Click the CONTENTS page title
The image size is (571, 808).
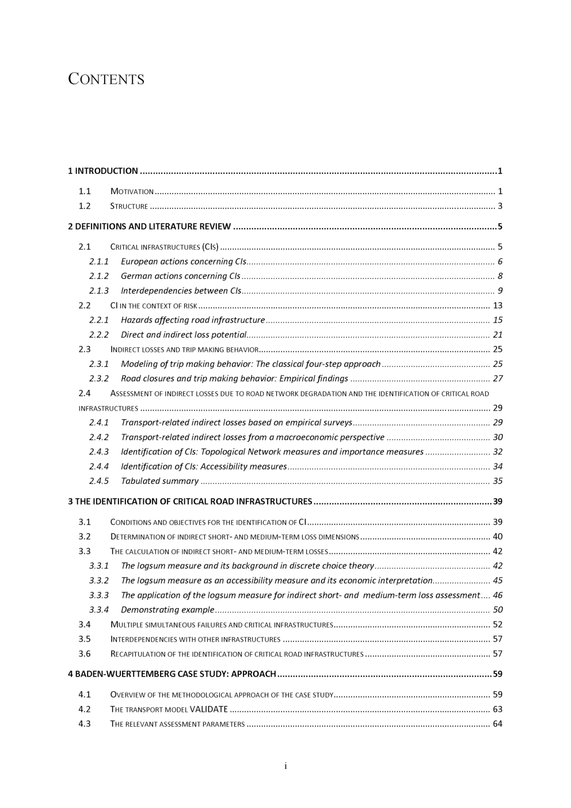[106, 79]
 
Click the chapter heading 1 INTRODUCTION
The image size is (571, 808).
[103, 171]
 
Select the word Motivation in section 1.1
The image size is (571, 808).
[132, 192]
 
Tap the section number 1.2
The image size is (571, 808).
[85, 206]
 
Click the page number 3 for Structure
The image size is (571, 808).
[500, 206]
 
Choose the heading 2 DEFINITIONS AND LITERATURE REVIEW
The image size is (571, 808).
[149, 227]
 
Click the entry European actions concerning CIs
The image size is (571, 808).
[183, 261]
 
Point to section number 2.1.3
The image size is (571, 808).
[98, 291]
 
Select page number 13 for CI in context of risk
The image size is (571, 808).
[497, 306]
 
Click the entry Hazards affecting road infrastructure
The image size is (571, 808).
[192, 320]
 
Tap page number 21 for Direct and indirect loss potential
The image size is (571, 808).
[497, 335]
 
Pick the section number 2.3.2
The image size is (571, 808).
[98, 379]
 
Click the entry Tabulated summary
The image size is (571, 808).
[159, 481]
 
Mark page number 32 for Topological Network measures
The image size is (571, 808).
[497, 452]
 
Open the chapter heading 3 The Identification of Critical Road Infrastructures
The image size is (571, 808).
[190, 502]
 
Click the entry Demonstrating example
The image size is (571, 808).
[167, 610]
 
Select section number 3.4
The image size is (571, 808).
[85, 624]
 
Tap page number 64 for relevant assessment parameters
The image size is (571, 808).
[497, 724]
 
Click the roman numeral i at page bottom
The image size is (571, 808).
[285, 766]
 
